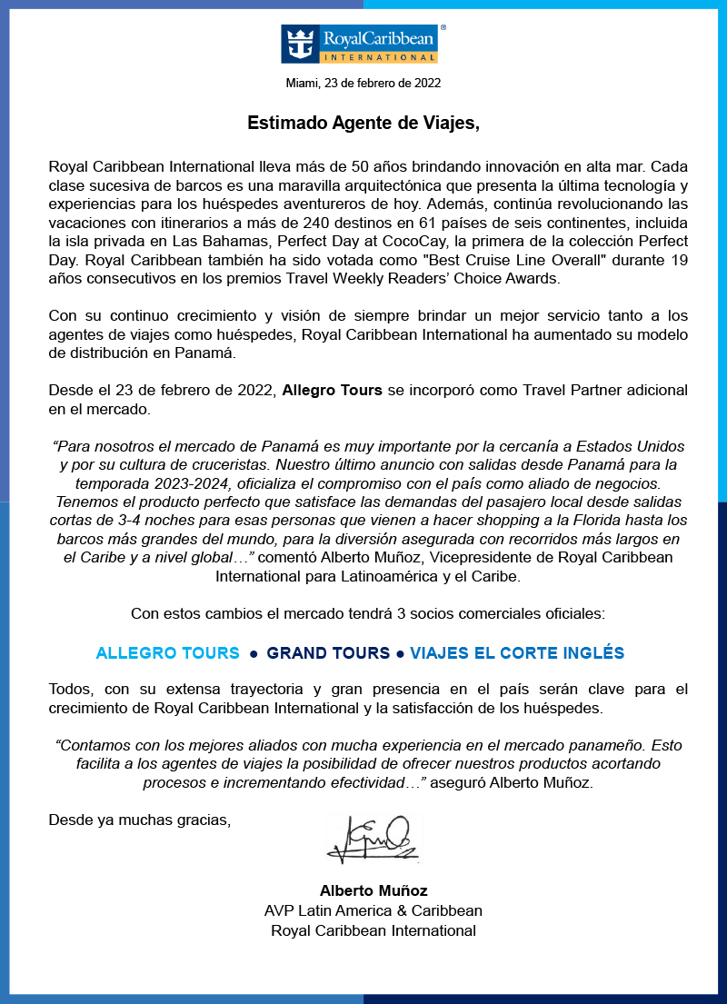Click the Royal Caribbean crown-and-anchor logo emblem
click(x=299, y=44)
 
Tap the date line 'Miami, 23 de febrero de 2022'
click(x=363, y=83)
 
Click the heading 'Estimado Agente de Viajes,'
click(x=363, y=124)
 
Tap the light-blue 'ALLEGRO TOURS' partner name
click(x=168, y=653)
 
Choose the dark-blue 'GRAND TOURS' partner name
click(x=326, y=653)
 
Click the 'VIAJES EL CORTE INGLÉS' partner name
click(x=517, y=653)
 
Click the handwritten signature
click(x=373, y=839)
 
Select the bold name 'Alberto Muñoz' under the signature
click(x=373, y=890)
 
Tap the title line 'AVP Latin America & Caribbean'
click(x=373, y=910)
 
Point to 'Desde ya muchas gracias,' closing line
click(x=140, y=820)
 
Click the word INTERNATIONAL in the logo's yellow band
click(x=379, y=56)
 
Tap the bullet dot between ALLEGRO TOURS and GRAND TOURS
click(x=254, y=654)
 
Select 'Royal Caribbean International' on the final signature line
click(x=373, y=930)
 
